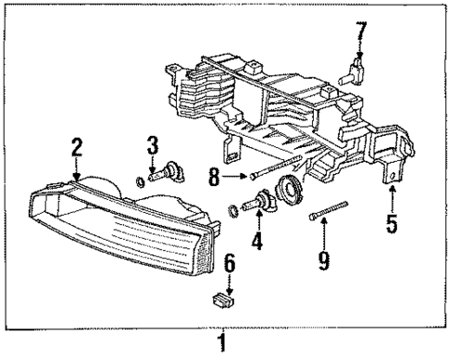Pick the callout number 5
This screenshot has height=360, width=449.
click(393, 224)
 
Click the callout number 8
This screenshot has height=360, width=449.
click(214, 175)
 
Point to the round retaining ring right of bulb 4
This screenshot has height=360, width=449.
click(292, 193)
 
